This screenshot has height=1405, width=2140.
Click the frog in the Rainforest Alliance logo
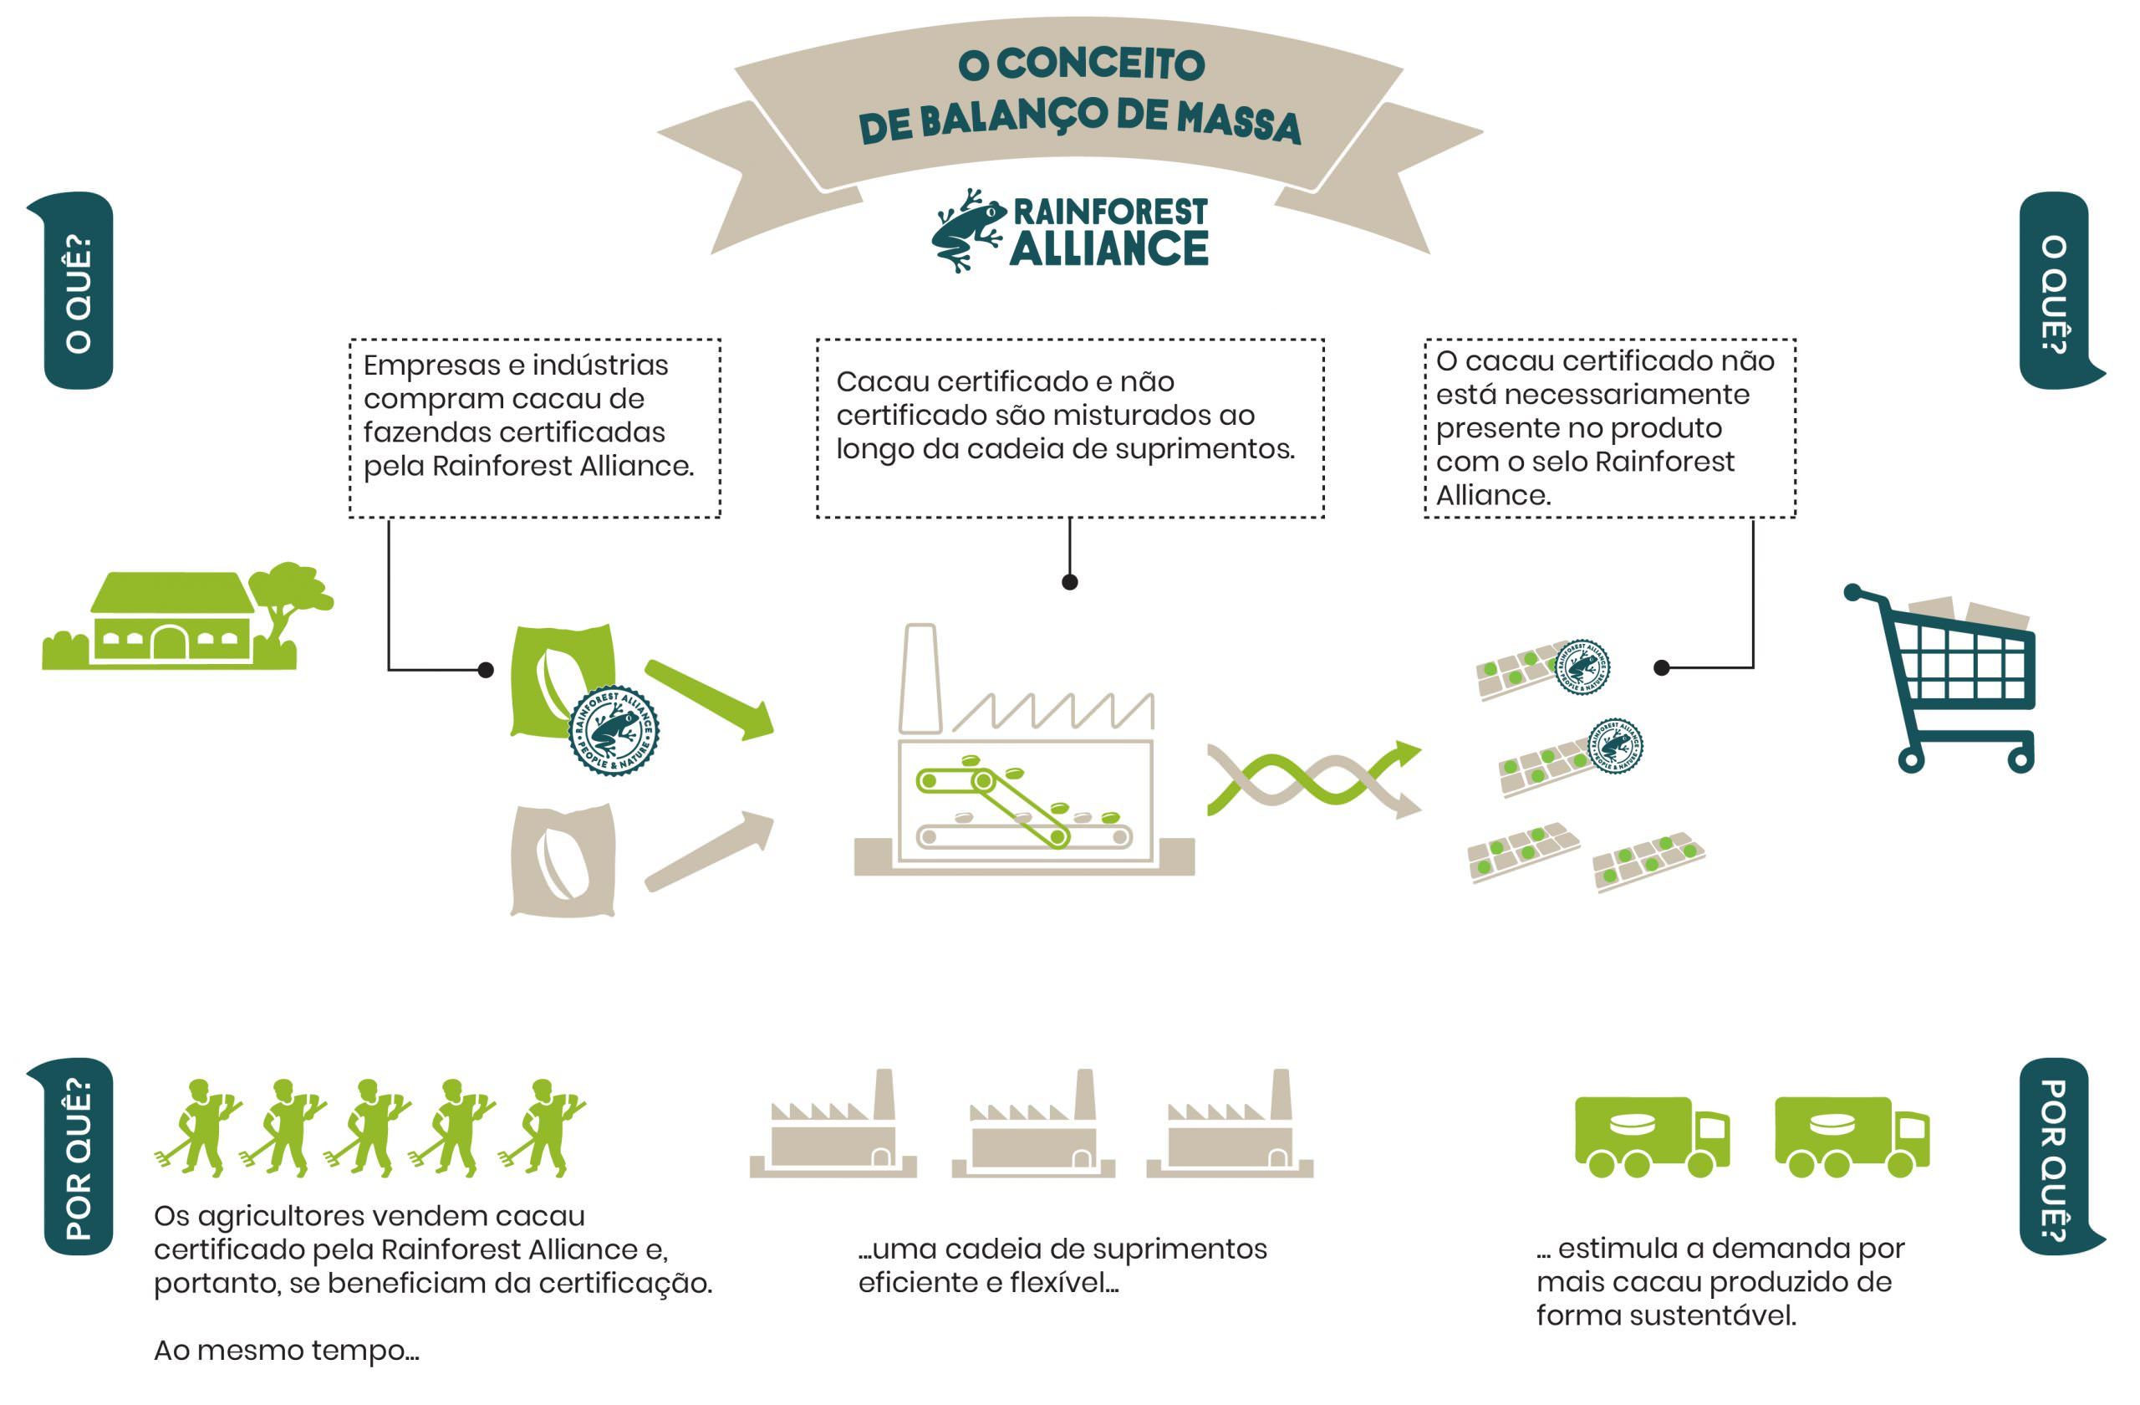[x=966, y=229]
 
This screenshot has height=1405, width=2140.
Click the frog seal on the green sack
[x=614, y=730]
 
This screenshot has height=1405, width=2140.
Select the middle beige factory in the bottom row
[x=1034, y=1129]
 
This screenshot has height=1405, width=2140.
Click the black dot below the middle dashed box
[x=1069, y=582]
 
